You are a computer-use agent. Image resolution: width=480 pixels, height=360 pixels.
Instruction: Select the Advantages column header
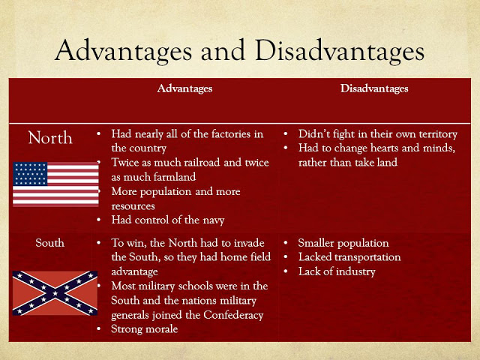pos(184,88)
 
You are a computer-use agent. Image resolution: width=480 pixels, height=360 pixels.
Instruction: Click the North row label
pos(50,138)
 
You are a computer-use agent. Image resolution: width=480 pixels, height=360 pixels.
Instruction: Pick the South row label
pos(50,243)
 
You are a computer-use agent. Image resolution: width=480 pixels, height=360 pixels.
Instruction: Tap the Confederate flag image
pos(54,292)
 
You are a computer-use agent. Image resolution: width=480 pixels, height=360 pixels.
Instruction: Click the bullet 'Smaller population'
pos(343,243)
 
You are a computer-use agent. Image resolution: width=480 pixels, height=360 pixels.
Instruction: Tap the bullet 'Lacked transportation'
pos(349,257)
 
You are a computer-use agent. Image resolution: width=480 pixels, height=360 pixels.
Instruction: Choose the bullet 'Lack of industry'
pos(336,271)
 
